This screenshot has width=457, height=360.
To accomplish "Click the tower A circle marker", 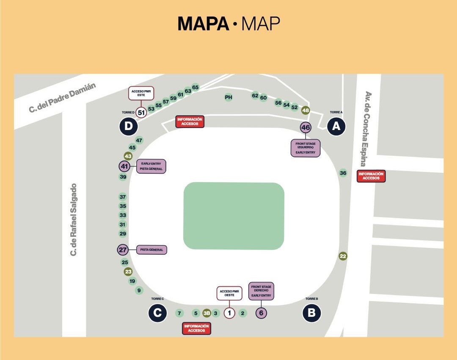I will pos(336,126).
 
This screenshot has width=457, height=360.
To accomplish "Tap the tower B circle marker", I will pos(311,313).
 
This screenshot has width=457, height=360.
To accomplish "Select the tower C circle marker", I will pos(157,313).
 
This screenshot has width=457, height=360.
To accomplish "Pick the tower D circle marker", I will pos(128,126).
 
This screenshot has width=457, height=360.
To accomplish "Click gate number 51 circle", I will pos(141,113).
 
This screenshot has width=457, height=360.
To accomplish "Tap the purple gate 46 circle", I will pos(306,127).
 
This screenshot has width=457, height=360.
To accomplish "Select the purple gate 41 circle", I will pos(124,166).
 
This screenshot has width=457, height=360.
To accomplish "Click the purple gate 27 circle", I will pos(123,250).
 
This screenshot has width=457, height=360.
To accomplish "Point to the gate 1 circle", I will pos(229,313).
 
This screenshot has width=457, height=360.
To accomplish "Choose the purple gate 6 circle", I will pos(261,313).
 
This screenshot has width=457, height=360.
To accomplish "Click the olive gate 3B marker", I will pos(206,313).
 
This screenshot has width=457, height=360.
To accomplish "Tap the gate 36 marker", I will pos(343,173).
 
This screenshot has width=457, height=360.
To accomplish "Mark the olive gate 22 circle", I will pos(343,256).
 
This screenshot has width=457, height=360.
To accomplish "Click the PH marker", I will pos(228,97).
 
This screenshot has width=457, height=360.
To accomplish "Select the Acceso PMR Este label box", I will pos(141,93).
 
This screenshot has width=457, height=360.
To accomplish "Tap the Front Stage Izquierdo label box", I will pos(306,148).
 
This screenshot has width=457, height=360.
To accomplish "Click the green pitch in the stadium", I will pos(234,216).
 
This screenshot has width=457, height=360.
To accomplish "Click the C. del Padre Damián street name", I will pos(63,97).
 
